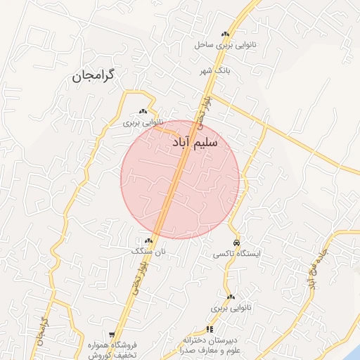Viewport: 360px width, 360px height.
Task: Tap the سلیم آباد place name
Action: click(x=195, y=143)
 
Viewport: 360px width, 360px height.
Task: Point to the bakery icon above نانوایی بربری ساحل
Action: click(x=225, y=34)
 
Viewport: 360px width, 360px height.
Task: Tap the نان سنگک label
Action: click(x=148, y=250)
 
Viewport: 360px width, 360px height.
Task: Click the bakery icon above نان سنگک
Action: click(x=148, y=240)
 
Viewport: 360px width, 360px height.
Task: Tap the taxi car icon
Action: click(x=236, y=242)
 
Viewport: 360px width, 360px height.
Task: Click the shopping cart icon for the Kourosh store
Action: click(x=112, y=335)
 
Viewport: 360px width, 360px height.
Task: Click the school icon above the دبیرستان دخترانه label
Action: click(x=209, y=329)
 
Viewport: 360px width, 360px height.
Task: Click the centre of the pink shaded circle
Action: click(x=180, y=180)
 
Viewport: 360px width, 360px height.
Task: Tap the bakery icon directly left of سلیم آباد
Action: click(x=143, y=111)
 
